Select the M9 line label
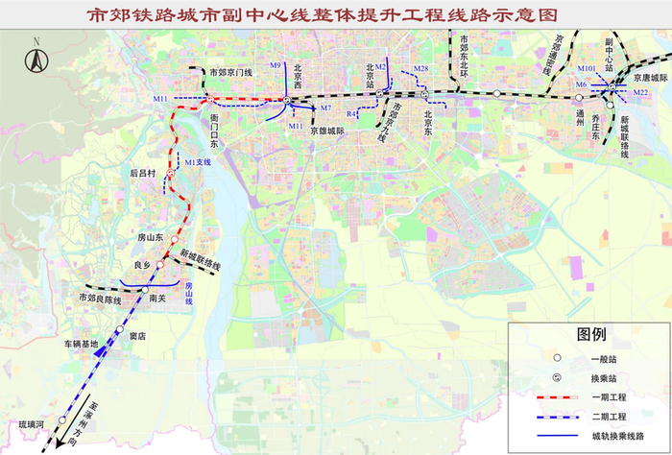275,65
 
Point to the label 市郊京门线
230,72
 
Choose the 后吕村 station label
143,174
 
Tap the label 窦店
136,336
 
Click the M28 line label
420,68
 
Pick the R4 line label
352,114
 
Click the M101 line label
588,69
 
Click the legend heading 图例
589,335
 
